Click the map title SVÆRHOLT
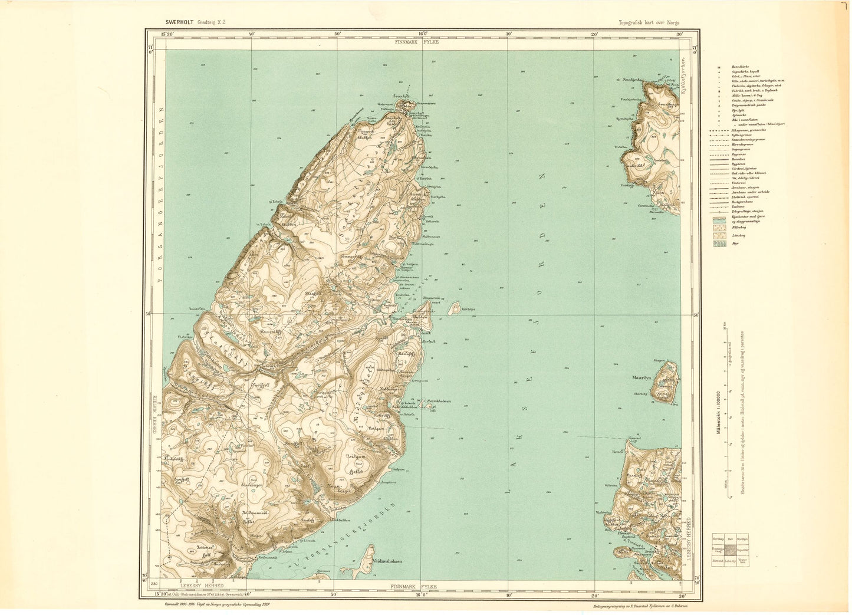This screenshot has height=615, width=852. click(x=180, y=22)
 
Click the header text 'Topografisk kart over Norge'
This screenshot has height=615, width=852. click(x=649, y=22)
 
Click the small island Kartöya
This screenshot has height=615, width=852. click(x=453, y=308)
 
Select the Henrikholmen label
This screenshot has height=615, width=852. click(x=439, y=401)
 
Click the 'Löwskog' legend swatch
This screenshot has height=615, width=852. click(x=719, y=235)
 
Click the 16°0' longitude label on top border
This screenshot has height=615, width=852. click(x=423, y=34)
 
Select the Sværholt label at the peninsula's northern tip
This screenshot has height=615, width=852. click(x=403, y=96)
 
